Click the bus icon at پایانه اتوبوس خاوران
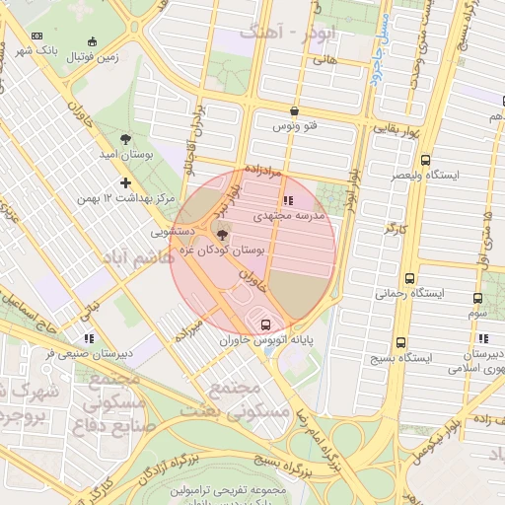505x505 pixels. [264, 325]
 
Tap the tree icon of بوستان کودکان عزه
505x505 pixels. [220, 234]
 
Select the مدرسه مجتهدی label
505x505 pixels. [286, 214]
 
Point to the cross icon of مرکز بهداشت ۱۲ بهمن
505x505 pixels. [125, 182]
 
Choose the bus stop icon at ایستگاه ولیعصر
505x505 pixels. [425, 160]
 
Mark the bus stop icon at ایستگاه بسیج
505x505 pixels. [399, 342]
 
